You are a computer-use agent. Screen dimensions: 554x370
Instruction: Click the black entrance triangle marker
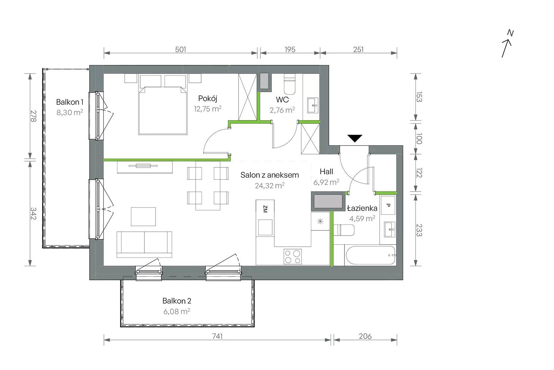click(x=355, y=138)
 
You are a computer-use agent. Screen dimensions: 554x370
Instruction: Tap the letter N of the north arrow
click(x=510, y=33)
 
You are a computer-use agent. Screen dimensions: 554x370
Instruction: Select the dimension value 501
click(x=180, y=50)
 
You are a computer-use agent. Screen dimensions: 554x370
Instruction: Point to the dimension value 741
click(x=217, y=336)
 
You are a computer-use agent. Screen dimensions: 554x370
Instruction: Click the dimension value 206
click(x=365, y=336)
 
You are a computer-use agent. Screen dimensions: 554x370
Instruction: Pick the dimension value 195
click(x=290, y=50)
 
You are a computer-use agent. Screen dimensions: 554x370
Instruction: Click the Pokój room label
click(x=207, y=98)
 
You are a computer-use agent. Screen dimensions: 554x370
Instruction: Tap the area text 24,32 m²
click(x=270, y=185)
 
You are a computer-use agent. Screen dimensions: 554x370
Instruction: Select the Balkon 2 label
click(x=177, y=301)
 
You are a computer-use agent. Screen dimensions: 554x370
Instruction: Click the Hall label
click(x=326, y=171)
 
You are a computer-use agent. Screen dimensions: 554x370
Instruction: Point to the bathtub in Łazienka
click(x=370, y=255)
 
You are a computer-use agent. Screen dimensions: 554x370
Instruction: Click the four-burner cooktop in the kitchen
click(x=293, y=257)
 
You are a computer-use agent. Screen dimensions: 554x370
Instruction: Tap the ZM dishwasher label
click(x=265, y=209)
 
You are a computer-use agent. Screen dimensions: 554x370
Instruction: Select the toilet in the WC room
click(x=289, y=84)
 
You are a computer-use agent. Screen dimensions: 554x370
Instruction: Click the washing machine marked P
click(x=388, y=205)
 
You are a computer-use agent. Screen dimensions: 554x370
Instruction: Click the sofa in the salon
click(x=144, y=245)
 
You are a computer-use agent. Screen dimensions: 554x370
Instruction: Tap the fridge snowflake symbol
click(x=320, y=221)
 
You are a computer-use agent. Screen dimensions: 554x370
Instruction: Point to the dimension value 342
click(x=33, y=214)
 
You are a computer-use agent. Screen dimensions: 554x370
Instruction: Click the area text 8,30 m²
click(x=70, y=112)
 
